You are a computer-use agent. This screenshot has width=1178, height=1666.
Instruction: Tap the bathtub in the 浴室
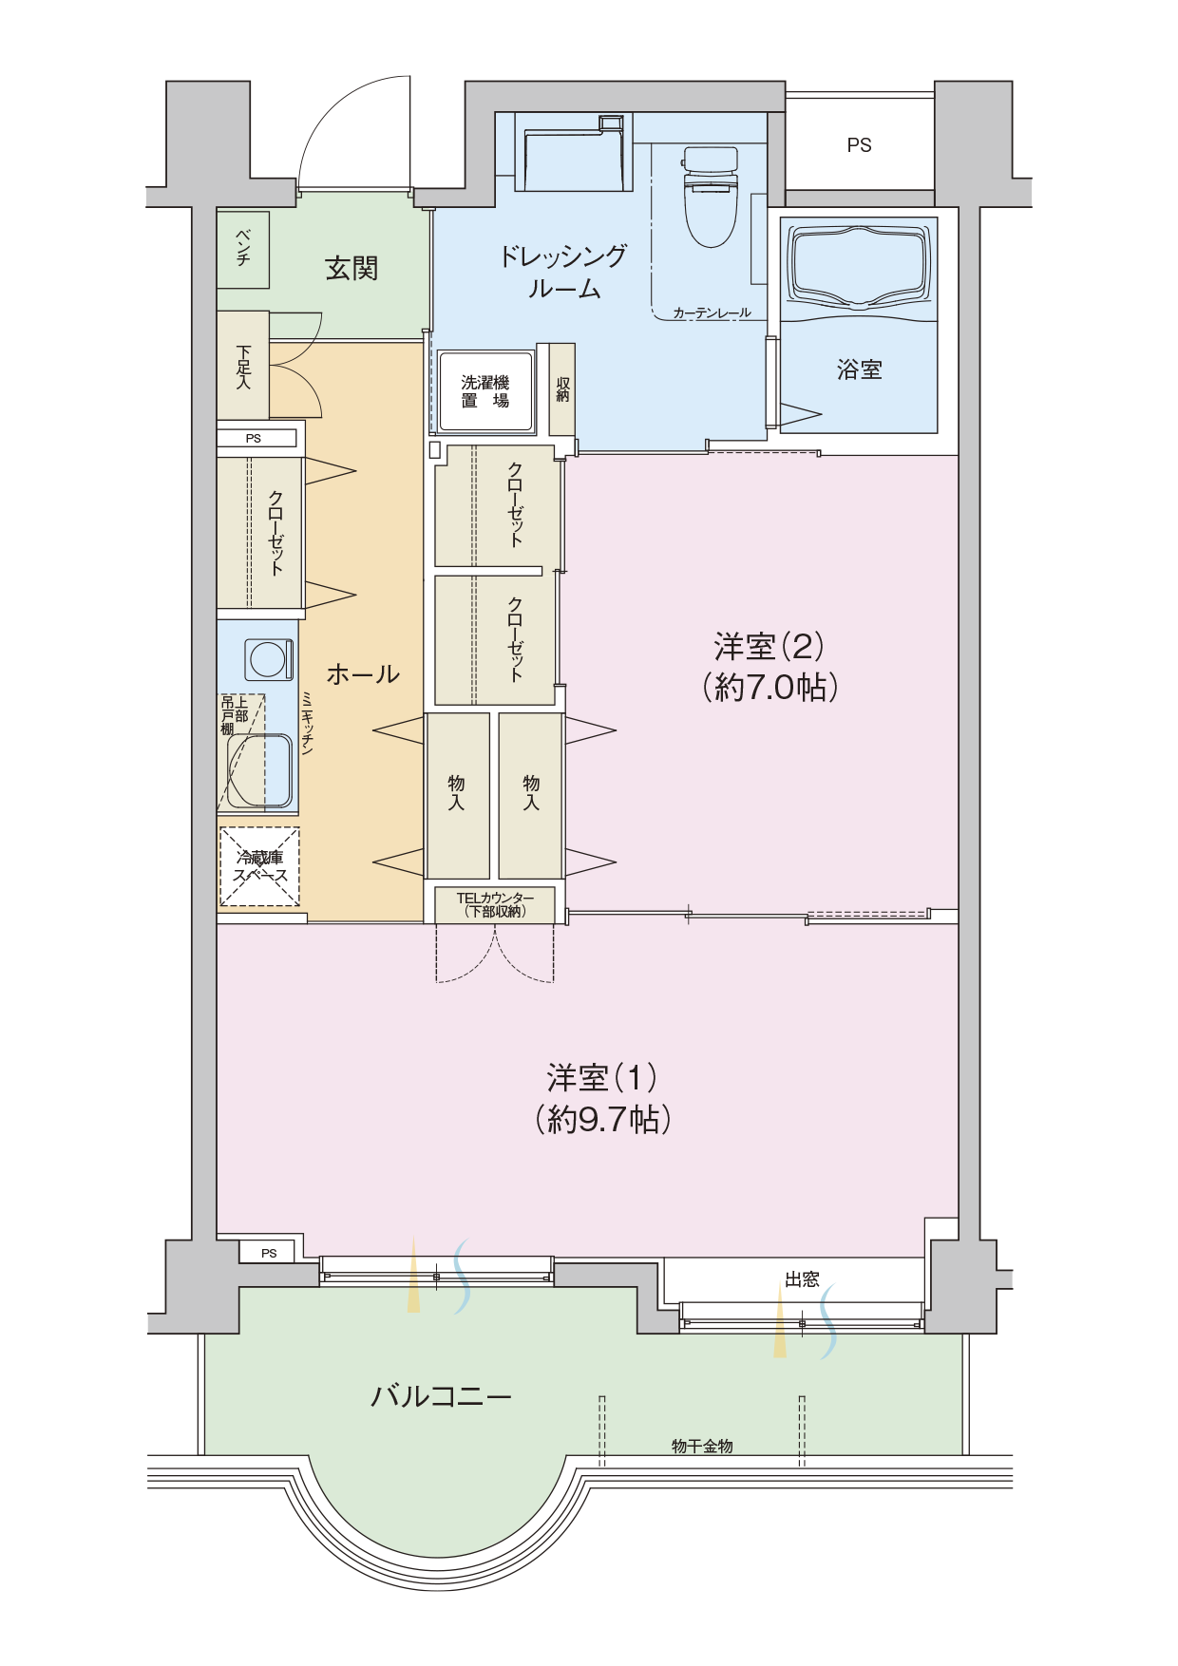point(859,268)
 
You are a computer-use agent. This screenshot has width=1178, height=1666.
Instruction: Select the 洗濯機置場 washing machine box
point(485,391)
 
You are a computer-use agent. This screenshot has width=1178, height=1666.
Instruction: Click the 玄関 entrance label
point(351,269)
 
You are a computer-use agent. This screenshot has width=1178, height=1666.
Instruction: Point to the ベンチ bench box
point(243,249)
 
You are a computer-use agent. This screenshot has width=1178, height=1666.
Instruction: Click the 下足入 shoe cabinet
point(243,366)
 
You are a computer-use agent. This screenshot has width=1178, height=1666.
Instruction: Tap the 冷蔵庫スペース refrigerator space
point(259,866)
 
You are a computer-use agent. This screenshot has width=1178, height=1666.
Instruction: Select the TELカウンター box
point(495,904)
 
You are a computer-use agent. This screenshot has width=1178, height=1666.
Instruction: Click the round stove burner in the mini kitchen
point(268,659)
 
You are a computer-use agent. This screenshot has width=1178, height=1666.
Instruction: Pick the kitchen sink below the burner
point(259,770)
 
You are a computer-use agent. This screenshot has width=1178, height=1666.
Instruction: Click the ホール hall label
point(363,674)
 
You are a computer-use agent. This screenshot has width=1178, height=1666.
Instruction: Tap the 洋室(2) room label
point(769,647)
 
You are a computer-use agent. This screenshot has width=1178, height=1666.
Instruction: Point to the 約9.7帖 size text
point(603,1119)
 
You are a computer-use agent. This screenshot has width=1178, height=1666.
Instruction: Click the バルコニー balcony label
point(441,1396)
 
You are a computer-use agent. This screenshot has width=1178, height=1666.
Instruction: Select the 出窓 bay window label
point(802,1279)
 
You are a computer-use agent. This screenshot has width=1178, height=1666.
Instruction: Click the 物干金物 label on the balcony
point(702,1446)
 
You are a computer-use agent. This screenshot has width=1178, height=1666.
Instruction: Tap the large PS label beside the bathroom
point(859,145)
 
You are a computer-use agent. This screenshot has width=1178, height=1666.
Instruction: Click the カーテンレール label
point(712,312)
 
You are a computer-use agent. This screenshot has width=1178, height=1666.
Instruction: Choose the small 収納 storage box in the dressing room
point(561,389)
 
